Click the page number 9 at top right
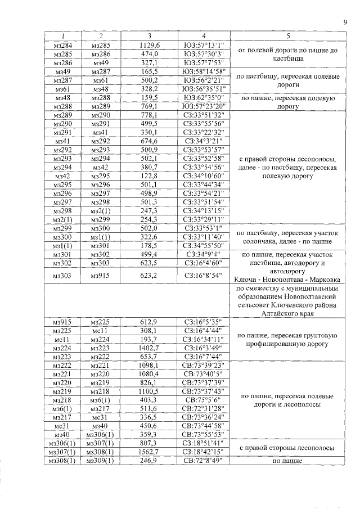point(344,22)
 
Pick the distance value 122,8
point(150,175)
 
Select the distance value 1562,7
point(150,452)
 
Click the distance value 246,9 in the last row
point(150,461)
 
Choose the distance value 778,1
point(150,115)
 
